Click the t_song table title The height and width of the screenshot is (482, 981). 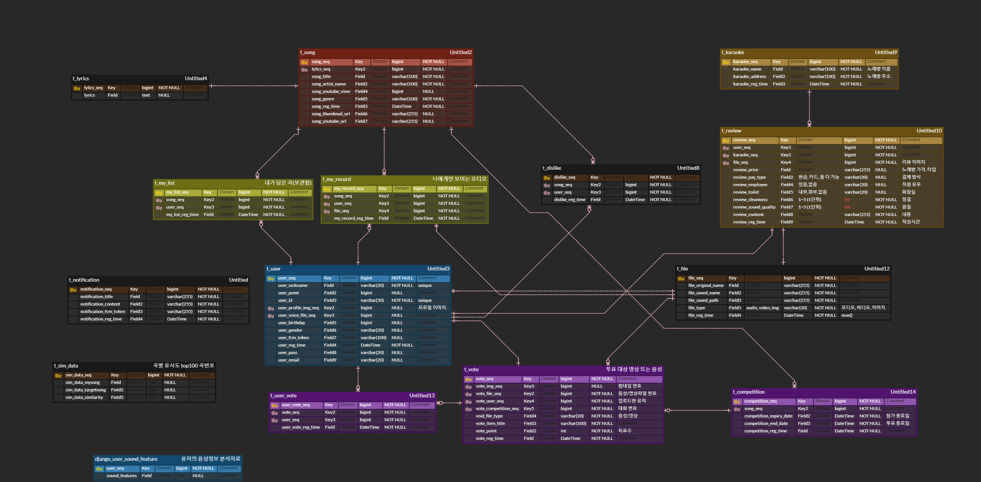(x=308, y=53)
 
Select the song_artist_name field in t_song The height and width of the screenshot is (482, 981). (x=329, y=84)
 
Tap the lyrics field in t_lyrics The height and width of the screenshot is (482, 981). (x=90, y=95)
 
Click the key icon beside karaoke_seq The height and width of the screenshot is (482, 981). (x=726, y=62)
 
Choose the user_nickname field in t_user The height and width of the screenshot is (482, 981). (x=292, y=285)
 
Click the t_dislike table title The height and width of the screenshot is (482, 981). (x=552, y=168)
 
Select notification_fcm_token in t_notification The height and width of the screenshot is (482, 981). (x=103, y=312)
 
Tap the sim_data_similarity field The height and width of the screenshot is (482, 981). (x=84, y=397)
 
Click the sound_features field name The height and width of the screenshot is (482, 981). (x=122, y=476)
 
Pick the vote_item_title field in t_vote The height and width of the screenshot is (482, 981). (x=490, y=424)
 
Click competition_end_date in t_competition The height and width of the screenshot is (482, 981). (x=766, y=424)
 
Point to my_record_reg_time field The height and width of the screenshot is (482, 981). (x=354, y=218)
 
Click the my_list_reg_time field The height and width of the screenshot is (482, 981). (x=182, y=215)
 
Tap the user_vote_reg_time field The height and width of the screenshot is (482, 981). (x=301, y=427)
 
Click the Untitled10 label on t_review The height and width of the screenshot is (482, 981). (x=929, y=131)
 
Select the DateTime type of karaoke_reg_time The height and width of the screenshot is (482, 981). (x=819, y=84)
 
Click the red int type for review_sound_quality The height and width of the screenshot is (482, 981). (x=847, y=207)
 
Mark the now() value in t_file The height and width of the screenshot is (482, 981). (x=847, y=315)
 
